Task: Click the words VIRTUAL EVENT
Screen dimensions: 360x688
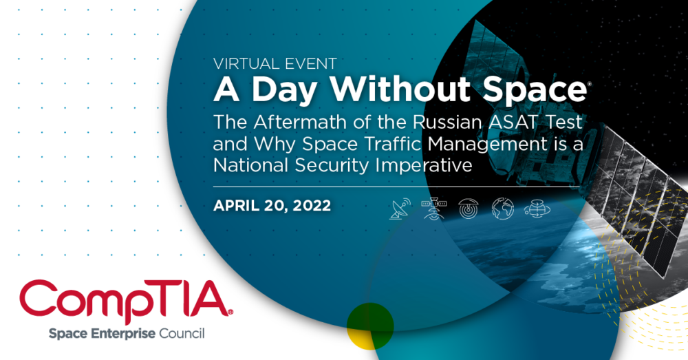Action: [x=275, y=64]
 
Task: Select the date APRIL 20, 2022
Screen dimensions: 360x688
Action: [x=272, y=205]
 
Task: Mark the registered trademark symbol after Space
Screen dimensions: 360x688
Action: [x=588, y=83]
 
